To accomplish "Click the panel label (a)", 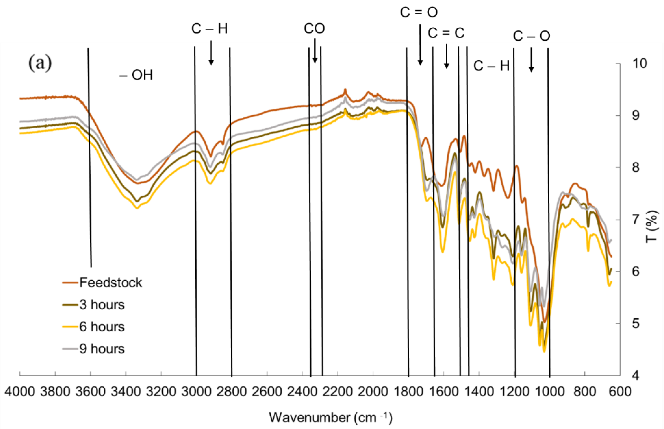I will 40,64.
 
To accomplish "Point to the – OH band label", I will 136,75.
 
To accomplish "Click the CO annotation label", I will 314,28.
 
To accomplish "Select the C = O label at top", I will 419,12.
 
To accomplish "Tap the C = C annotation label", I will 446,33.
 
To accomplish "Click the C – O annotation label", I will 531,36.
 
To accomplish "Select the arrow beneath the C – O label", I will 531,60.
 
